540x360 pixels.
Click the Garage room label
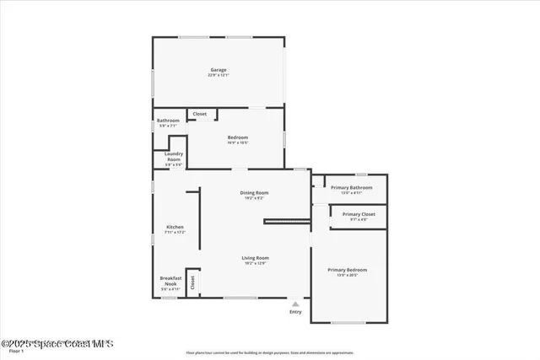coord(218,70)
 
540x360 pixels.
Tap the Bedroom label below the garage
coord(237,137)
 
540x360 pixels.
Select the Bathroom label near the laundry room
coord(168,121)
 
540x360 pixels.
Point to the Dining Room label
coord(254,193)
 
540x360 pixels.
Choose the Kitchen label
coord(175,227)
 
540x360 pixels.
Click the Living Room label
coord(255,258)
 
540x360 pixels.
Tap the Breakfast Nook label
coord(170,281)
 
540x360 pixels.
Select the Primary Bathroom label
coord(351,187)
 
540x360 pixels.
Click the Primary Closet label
coord(352,214)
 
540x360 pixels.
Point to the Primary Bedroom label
coord(347,270)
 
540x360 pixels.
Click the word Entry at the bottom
coord(295,312)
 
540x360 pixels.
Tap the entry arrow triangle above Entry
coord(295,304)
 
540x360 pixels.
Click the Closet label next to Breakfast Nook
coord(192,282)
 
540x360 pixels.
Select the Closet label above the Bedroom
coord(200,114)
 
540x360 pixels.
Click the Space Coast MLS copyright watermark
coord(57,344)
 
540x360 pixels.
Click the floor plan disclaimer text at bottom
coord(270,352)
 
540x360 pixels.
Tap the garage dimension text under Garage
coord(218,75)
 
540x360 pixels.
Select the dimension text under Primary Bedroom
coord(347,275)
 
